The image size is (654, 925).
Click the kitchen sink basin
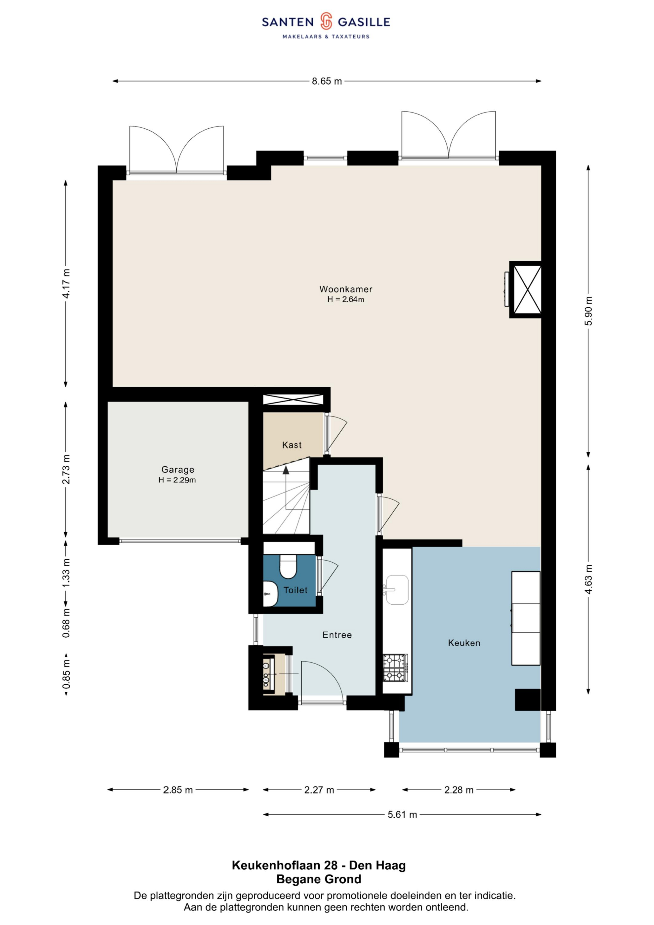(397, 590)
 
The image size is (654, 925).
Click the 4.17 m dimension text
(66, 283)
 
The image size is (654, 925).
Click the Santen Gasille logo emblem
(326, 21)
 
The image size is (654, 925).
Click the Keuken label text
(464, 643)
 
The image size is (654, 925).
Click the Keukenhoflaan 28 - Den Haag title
(319, 865)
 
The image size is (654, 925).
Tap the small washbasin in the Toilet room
(270, 594)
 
